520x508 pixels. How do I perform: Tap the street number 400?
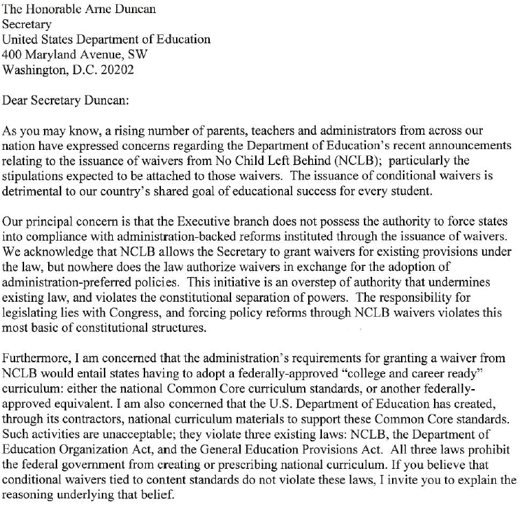click(x=13, y=54)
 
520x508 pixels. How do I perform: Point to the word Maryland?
click(x=56, y=54)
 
